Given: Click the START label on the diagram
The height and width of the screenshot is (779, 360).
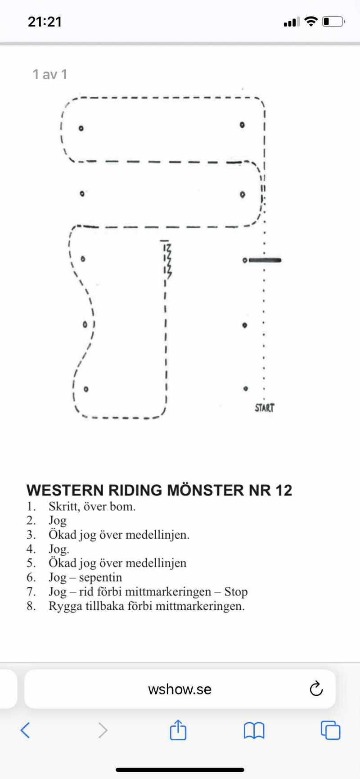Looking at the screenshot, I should tap(264, 408).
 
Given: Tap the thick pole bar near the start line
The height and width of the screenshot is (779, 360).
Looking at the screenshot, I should tap(265, 260).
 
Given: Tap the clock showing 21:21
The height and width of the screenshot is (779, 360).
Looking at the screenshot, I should tap(45, 22).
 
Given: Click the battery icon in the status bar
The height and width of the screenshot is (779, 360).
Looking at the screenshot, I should tap(333, 22).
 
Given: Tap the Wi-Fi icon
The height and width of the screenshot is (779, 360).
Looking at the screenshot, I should tap(310, 21).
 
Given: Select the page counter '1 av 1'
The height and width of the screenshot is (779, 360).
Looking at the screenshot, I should tap(50, 74).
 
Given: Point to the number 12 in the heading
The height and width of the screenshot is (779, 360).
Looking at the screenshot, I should tap(284, 490).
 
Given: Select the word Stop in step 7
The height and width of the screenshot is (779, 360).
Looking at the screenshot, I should tap(236, 592).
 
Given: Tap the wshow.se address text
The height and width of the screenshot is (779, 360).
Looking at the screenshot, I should tap(180, 689).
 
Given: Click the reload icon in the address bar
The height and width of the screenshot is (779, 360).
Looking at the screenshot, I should tap(316, 689).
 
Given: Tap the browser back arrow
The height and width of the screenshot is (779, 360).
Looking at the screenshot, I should tap(26, 730).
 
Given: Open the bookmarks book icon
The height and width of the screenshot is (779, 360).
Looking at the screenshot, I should tap(254, 730).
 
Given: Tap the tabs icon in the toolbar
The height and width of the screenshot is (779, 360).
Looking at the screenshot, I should tap(330, 730).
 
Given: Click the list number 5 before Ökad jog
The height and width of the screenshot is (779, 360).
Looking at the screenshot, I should tap(31, 563).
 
